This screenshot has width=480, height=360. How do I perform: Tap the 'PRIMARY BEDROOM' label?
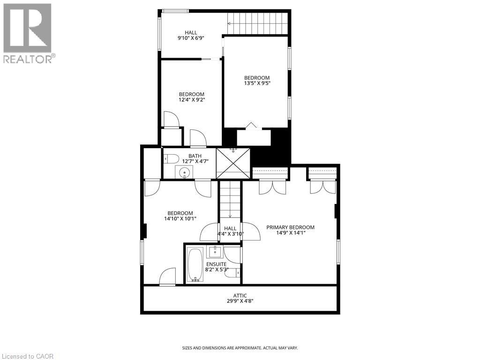coord(290,227)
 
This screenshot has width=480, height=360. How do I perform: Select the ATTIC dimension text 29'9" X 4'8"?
coord(240,302)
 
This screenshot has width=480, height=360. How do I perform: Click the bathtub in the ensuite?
coord(195,265)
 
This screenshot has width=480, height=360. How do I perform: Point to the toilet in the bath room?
coord(170,159)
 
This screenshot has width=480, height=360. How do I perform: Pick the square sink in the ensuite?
coord(215,252)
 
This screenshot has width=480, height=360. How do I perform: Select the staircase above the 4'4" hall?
coord(230,199)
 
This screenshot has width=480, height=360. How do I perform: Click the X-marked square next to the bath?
coord(233,163)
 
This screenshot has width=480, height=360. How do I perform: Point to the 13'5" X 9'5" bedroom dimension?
coord(257,83)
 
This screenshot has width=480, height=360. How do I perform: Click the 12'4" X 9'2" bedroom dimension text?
coord(191,100)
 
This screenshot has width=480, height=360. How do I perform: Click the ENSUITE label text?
coord(217,264)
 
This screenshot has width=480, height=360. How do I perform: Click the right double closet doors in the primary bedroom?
coord(322,187)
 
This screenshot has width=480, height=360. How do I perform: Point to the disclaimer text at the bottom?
coord(240,348)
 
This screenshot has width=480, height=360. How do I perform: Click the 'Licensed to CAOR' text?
coord(28,356)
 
